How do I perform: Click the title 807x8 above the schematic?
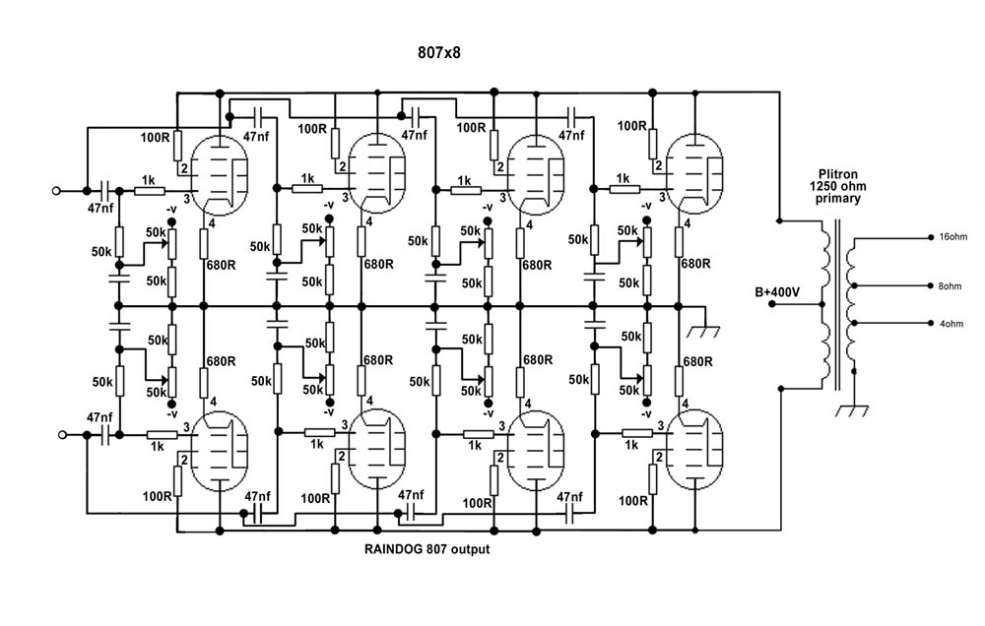click(439, 53)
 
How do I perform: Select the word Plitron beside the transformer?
click(837, 174)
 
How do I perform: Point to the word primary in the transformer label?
click(837, 199)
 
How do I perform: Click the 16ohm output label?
click(952, 236)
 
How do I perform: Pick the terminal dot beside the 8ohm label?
click(932, 285)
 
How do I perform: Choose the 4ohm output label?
click(952, 324)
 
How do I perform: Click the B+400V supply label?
click(777, 292)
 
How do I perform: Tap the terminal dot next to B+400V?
click(772, 304)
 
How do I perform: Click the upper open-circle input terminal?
click(56, 190)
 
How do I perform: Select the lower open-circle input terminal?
click(61, 434)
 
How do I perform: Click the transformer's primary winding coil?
click(824, 304)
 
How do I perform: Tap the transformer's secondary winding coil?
click(851, 304)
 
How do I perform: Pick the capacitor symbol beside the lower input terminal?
click(105, 434)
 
